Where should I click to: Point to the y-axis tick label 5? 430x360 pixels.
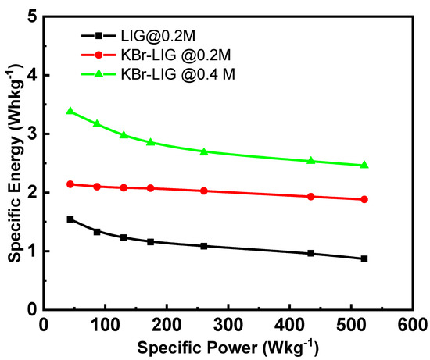[30, 16]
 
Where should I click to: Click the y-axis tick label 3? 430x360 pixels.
[30, 134]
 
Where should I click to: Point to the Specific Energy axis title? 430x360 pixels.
[11, 162]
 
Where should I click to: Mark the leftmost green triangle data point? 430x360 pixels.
[70, 111]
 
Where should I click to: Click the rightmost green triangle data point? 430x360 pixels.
[364, 165]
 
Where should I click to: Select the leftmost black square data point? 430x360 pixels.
[70, 219]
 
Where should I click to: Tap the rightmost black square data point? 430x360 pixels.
[364, 258]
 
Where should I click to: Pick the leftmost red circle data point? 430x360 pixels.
[70, 184]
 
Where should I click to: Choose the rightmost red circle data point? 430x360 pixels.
[364, 199]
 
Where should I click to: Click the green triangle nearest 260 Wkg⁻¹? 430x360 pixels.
[204, 151]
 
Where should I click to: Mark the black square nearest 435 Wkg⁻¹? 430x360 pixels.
[311, 253]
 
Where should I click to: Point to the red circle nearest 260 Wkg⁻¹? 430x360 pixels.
[204, 191]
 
